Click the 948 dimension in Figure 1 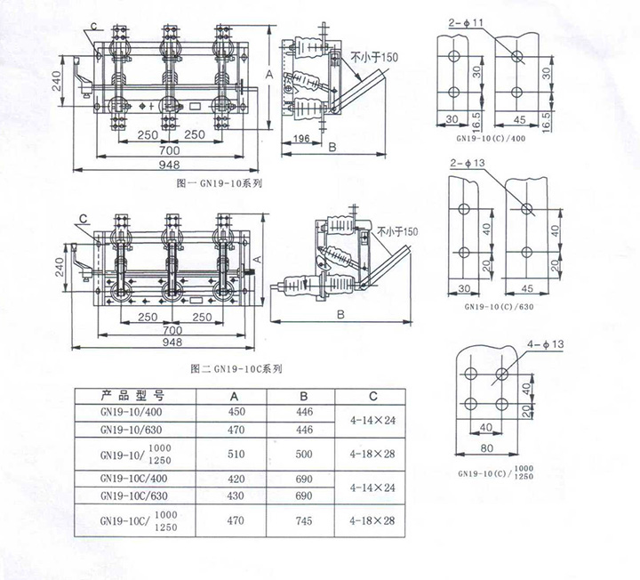coord(169,165)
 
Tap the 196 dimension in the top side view coord(301,139)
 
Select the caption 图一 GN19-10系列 coord(220,183)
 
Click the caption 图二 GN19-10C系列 coord(236,369)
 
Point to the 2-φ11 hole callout coord(466,23)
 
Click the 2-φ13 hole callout coord(468,163)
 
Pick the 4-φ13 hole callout coord(545,344)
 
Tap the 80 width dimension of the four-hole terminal coord(486,448)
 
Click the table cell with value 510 coord(236,454)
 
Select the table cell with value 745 coord(304,520)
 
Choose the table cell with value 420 coord(236,479)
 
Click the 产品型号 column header coord(133,396)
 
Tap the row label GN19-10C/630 coord(134,495)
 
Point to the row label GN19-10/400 coord(131,412)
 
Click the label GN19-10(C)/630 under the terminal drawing coord(499,307)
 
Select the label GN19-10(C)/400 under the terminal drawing coord(491,138)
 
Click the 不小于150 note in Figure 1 coord(374,57)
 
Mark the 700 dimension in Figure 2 coord(172,330)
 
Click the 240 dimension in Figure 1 coord(57,81)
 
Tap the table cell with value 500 coord(304,454)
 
